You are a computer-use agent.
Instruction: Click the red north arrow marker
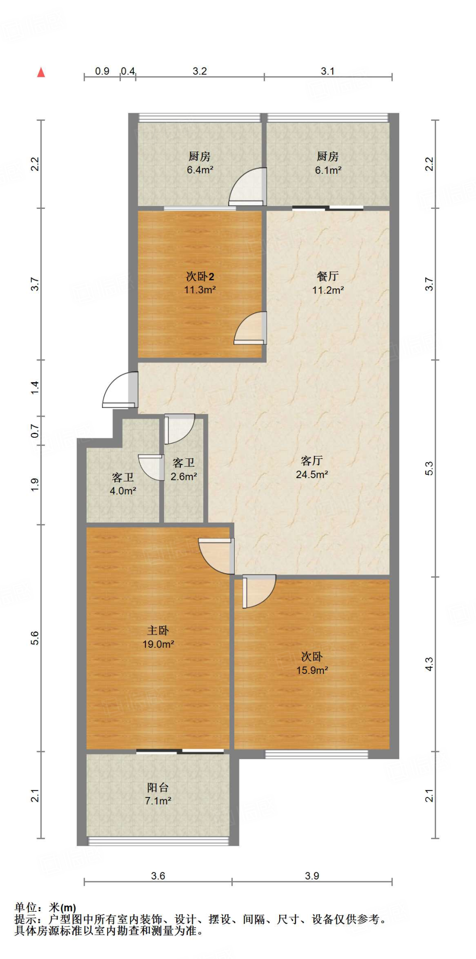point(41,72)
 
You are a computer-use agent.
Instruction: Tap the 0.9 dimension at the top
point(102,71)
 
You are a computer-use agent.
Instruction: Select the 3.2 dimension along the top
point(200,71)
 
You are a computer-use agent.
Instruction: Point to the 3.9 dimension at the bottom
point(312,876)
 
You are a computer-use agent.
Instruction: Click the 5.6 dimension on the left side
point(35,638)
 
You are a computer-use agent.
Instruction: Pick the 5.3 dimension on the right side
point(429,468)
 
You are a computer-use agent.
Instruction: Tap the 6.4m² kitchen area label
point(200,170)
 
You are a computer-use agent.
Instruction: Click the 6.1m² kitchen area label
point(328,170)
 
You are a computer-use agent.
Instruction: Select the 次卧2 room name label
point(200,276)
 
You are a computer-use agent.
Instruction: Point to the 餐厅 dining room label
point(328,276)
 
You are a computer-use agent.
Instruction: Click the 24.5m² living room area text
point(312,474)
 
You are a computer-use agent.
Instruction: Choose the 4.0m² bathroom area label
point(123,491)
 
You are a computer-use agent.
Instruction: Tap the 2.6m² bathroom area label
point(184,477)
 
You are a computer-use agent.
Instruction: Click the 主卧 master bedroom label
point(158,630)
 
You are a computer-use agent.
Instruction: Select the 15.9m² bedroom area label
point(312,670)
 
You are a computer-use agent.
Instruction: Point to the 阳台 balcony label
point(158,788)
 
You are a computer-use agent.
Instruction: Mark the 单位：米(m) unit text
point(45,908)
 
